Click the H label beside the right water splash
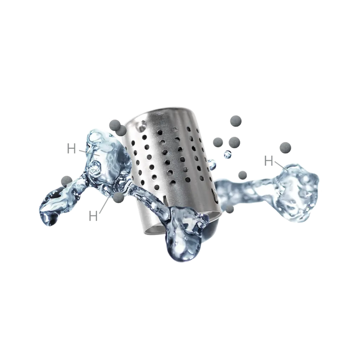[x=268, y=161]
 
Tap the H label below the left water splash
[x=93, y=216]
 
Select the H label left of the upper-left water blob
[x=72, y=148]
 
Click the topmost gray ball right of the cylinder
[x=236, y=121]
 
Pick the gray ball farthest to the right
[x=286, y=148]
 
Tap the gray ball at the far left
[x=67, y=181]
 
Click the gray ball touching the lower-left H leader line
[x=119, y=197]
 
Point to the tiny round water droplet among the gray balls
[x=228, y=154]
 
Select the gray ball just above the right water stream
[x=242, y=175]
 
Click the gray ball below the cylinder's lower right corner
[x=229, y=209]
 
